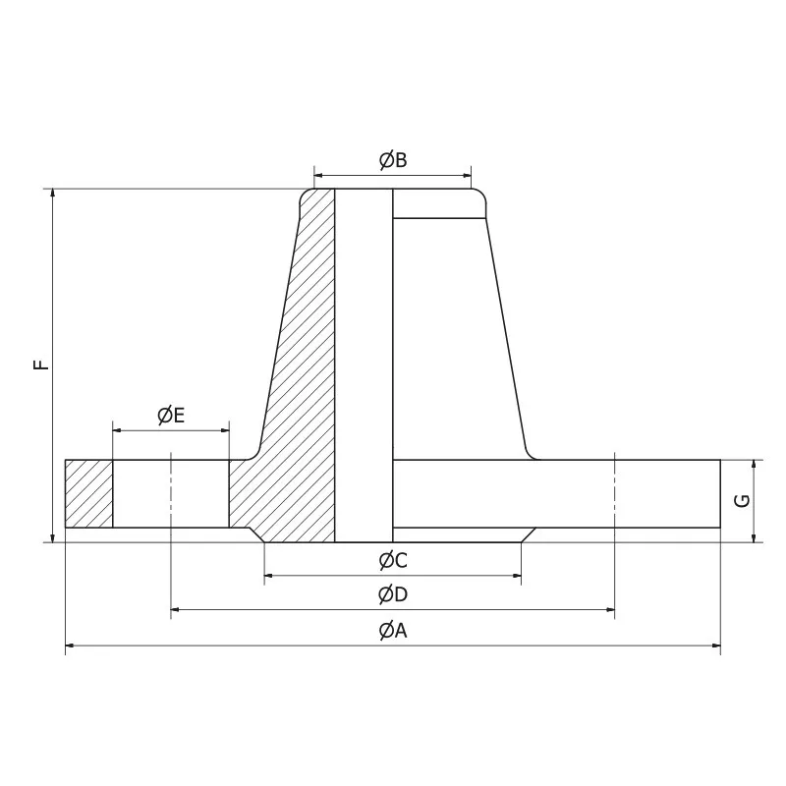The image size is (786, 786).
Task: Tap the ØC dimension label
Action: (393, 561)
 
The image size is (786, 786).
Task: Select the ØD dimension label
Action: (393, 594)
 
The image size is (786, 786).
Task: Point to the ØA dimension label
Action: (393, 631)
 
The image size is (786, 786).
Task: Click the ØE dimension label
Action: (171, 416)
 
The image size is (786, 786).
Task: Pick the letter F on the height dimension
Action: (39, 365)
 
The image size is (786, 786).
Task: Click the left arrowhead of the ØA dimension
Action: (70, 646)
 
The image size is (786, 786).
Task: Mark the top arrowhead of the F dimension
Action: (52, 194)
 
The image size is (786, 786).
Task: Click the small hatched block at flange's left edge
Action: (88, 493)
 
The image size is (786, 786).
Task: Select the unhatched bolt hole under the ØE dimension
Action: (171, 493)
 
